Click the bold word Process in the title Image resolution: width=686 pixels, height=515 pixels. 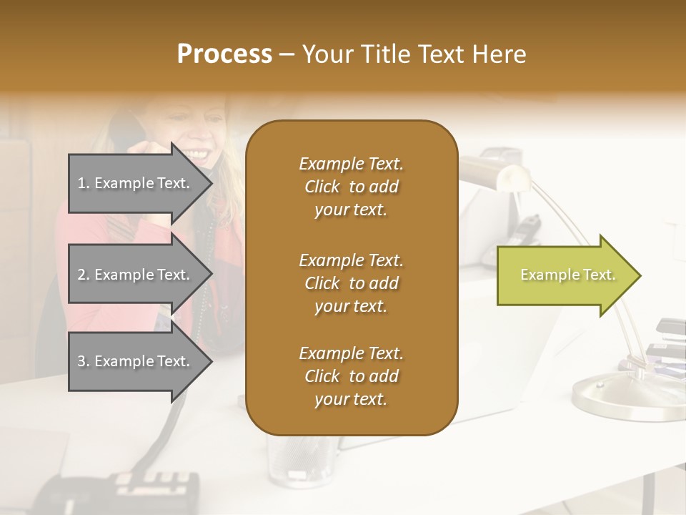pyautogui.click(x=224, y=54)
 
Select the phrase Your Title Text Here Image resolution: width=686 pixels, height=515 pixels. pyautogui.click(x=414, y=54)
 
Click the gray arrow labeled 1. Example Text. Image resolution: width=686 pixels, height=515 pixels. pyautogui.click(x=136, y=183)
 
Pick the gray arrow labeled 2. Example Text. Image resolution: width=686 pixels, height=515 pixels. pyautogui.click(x=136, y=275)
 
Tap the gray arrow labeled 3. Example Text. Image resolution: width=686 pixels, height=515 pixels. pyautogui.click(x=136, y=361)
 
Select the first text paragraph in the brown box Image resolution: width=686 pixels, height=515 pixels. pyautogui.click(x=351, y=187)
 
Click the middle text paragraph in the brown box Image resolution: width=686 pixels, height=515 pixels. pyautogui.click(x=351, y=283)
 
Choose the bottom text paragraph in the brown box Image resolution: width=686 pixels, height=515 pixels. pyautogui.click(x=351, y=376)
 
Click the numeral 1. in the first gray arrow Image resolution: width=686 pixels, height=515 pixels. pyautogui.click(x=83, y=183)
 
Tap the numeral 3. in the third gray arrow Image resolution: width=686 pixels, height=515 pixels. pyautogui.click(x=83, y=361)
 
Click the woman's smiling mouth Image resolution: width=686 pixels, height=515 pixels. pyautogui.click(x=198, y=153)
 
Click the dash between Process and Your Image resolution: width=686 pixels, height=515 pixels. pyautogui.click(x=287, y=55)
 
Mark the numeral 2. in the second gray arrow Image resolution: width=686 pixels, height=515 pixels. pyautogui.click(x=83, y=275)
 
